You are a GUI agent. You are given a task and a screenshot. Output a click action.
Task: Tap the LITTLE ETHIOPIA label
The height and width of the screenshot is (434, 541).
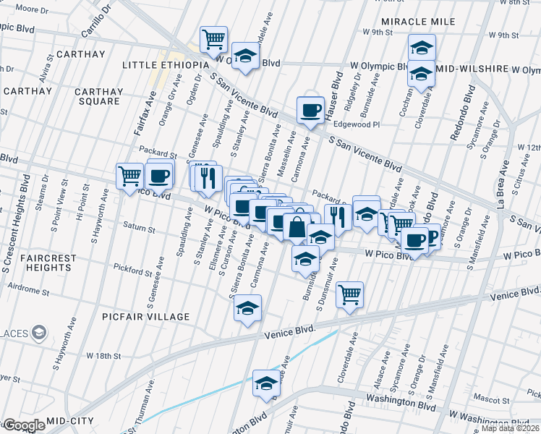[x=165, y=65]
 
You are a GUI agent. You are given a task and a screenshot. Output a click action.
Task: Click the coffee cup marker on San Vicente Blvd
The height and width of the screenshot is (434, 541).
[x=310, y=110]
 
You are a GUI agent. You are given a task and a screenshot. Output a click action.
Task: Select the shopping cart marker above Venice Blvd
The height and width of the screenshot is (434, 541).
[x=350, y=293]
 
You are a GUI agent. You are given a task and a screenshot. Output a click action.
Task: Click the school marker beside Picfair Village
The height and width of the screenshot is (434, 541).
[x=247, y=307]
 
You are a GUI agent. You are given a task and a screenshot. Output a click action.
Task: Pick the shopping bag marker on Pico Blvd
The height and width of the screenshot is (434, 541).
[x=297, y=226]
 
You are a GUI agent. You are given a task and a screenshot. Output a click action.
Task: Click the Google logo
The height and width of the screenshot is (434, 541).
[x=23, y=425]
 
